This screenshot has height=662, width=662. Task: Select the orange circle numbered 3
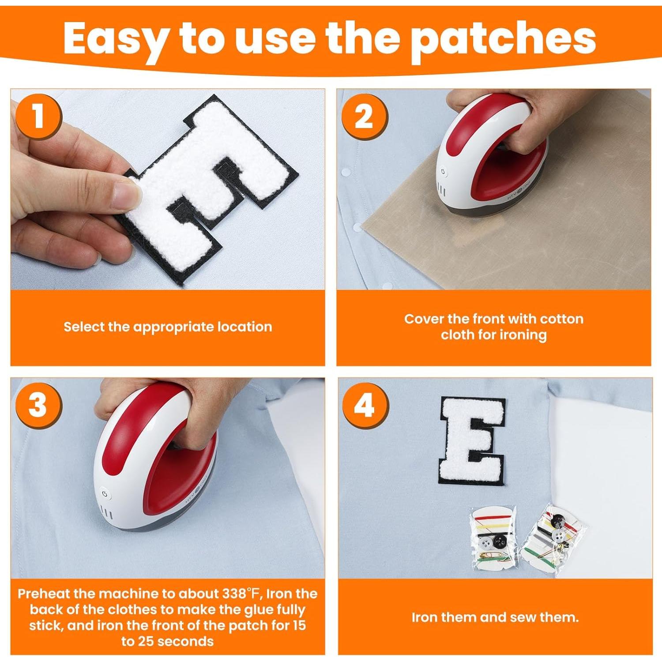38,405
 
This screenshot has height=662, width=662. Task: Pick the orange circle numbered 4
365,405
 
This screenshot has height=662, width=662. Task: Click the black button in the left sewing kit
499,541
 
